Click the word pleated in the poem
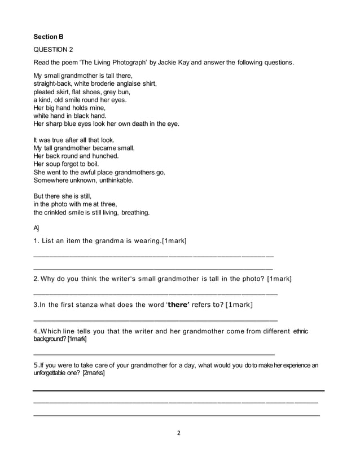coord(45,92)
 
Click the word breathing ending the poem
coord(135,213)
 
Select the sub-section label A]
coord(37,228)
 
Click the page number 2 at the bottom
coord(179,434)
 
